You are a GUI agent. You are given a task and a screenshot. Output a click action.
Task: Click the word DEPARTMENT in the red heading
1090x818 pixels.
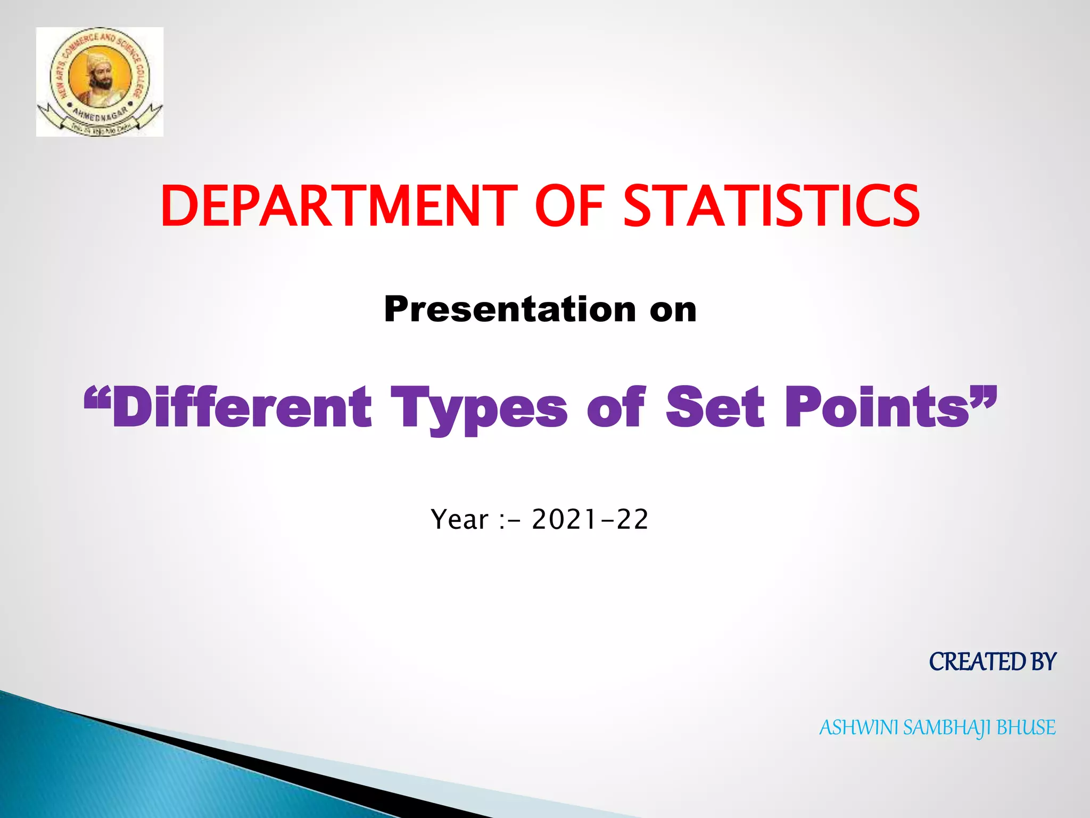[x=338, y=206]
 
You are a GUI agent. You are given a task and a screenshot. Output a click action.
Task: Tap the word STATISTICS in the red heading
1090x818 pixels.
[x=771, y=206]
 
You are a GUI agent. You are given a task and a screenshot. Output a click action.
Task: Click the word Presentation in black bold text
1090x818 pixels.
[x=510, y=309]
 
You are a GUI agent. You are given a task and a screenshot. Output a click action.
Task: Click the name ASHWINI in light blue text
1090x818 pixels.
[x=858, y=727]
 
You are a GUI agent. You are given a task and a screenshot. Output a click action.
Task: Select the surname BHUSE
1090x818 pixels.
[x=1026, y=727]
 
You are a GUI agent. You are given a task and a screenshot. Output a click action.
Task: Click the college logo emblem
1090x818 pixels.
[x=100, y=81]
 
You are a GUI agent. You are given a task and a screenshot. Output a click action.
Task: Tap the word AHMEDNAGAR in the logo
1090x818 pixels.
[x=100, y=114]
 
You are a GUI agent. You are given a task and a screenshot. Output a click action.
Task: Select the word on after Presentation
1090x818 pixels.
[x=673, y=309]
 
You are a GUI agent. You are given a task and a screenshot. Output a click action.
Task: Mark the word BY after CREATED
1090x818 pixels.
[x=1043, y=662]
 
